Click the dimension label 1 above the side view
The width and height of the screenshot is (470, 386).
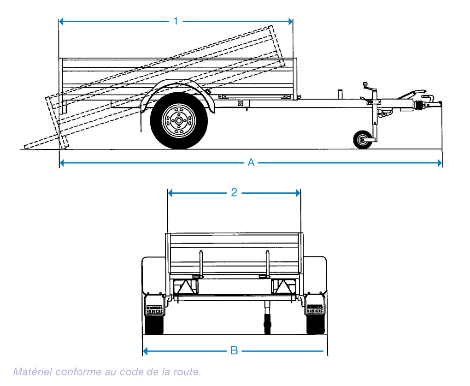[x=176, y=21]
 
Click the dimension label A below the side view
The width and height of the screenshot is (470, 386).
[x=251, y=162]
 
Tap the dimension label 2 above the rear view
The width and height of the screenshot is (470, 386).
[x=234, y=193]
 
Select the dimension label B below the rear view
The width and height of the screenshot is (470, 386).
[x=234, y=351]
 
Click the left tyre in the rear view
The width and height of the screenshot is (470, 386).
[x=154, y=326]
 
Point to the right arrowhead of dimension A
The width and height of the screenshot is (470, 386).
[x=439, y=162]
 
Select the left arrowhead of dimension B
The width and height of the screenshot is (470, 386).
[x=146, y=351]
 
